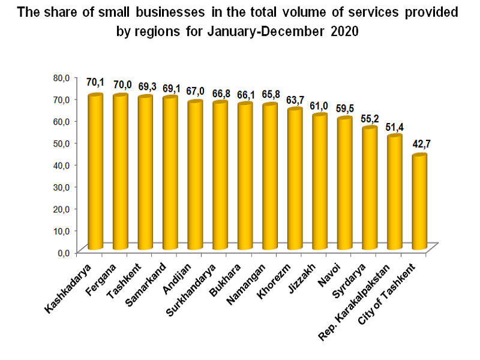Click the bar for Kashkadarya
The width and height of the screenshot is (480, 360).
click(95, 174)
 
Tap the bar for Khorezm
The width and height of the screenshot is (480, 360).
click(295, 180)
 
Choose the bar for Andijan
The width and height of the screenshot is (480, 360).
click(195, 177)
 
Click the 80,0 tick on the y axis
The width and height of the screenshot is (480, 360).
click(62, 77)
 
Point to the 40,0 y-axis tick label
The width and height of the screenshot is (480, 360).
click(62, 164)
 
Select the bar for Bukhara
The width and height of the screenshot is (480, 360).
click(245, 177)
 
